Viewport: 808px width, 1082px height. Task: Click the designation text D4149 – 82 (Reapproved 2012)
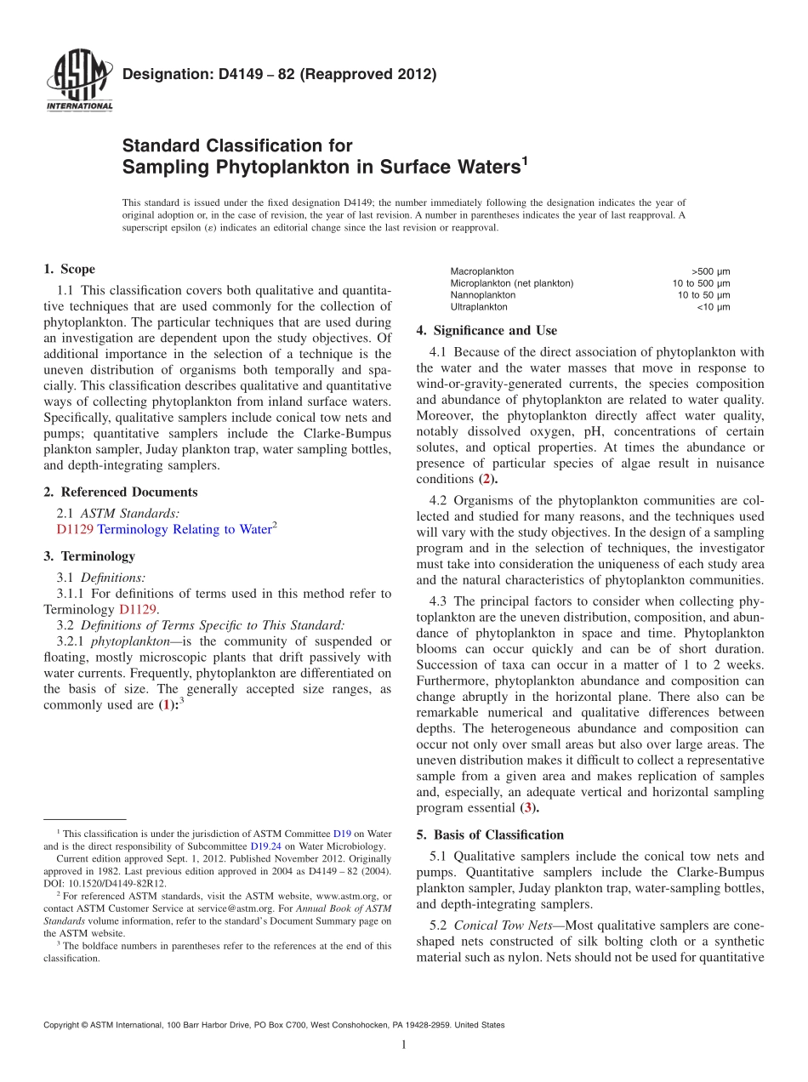coord(279,75)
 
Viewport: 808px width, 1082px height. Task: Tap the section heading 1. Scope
coord(69,270)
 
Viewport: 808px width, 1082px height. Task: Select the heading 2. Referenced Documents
coord(120,492)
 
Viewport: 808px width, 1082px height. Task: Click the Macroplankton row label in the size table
coord(481,271)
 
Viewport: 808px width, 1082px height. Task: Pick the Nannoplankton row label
coord(482,295)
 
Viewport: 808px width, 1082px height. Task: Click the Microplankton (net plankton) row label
coord(511,283)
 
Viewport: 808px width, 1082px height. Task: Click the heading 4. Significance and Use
coord(487,330)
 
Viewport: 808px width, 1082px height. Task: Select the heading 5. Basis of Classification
coord(490,834)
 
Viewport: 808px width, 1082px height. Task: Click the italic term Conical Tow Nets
coord(503,925)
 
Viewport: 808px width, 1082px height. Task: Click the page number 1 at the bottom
coord(404,1045)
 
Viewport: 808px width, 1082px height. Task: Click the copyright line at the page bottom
coord(273,1025)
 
